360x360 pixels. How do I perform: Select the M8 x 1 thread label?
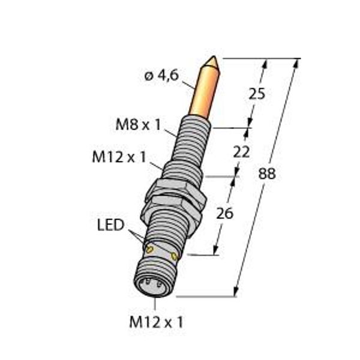point(137,125)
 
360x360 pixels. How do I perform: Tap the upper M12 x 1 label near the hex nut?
point(119,157)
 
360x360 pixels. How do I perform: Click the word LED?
point(110,226)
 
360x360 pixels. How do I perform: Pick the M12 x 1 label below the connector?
point(157,322)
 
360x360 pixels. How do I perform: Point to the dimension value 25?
point(256,94)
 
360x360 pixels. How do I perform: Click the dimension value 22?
point(241,152)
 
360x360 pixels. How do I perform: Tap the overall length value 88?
point(267,174)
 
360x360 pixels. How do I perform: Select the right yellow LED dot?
point(174,257)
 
